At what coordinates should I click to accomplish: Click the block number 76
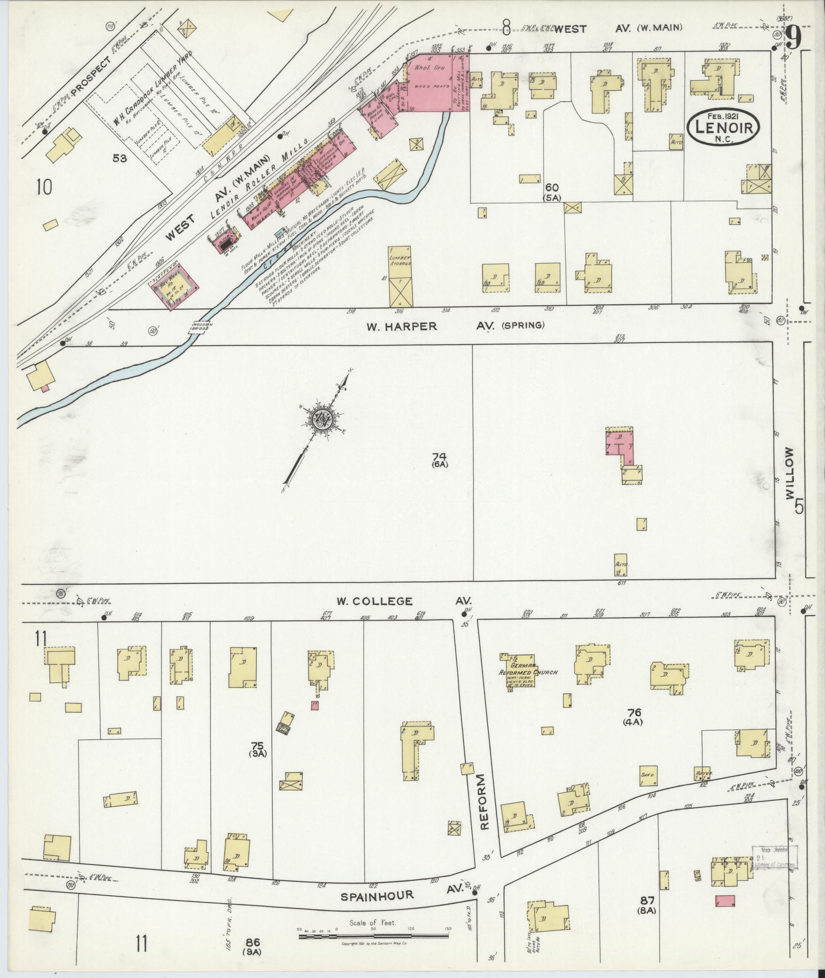pyautogui.click(x=636, y=713)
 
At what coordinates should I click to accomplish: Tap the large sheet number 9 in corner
pyautogui.click(x=793, y=37)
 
